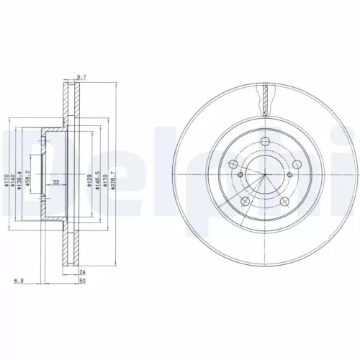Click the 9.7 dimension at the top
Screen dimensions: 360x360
(x=81, y=76)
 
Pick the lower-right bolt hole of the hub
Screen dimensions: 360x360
(x=284, y=201)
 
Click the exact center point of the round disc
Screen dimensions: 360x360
(x=265, y=175)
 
